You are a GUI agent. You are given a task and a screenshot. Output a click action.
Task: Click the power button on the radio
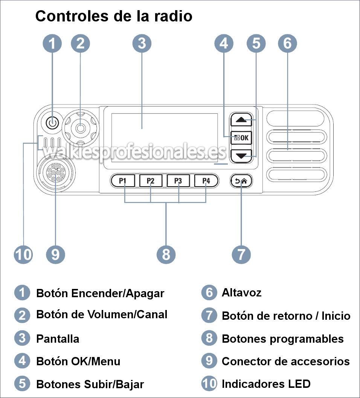52,123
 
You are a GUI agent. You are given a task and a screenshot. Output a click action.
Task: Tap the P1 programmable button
122,181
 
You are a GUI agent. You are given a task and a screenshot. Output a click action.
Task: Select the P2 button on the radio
151,181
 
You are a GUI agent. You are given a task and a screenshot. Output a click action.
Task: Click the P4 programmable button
206,181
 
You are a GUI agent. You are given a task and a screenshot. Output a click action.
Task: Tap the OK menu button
241,138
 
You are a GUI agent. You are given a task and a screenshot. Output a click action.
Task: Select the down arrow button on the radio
241,155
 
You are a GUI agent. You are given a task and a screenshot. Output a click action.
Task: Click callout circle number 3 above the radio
142,44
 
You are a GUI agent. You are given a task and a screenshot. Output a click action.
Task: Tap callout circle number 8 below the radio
166,254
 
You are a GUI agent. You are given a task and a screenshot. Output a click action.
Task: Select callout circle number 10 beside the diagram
23,254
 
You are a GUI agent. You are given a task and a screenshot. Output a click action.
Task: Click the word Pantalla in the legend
58,339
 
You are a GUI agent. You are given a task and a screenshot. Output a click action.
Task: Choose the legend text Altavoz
241,293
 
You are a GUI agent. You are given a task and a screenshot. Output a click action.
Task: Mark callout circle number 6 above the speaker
287,44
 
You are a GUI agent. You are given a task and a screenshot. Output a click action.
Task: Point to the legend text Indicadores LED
266,384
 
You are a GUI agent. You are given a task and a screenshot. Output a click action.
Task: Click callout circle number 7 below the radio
241,254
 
